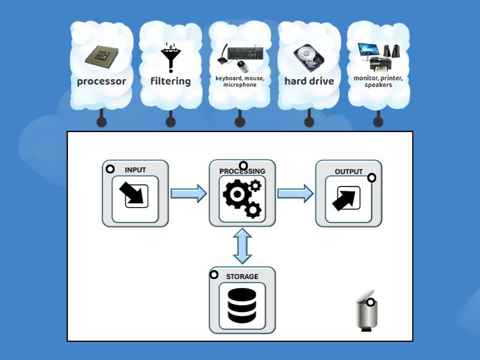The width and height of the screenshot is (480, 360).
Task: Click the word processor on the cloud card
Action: tap(101, 81)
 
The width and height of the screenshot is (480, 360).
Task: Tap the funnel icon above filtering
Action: tap(170, 58)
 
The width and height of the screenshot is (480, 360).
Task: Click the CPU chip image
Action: tap(101, 56)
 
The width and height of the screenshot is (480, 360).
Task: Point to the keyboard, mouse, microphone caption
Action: tap(240, 82)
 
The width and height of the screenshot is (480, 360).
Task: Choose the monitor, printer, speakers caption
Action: tap(378, 82)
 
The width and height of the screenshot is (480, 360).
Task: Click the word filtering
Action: tap(170, 81)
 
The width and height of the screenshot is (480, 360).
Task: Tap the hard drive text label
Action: tap(309, 81)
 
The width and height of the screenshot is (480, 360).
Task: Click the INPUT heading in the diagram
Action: tap(135, 170)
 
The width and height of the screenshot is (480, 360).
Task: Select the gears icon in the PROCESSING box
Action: tap(242, 197)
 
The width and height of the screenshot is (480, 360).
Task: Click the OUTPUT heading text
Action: tap(349, 172)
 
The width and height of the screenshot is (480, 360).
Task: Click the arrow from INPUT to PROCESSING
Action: tap(188, 193)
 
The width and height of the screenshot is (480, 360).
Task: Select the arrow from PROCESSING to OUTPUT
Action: tap(295, 193)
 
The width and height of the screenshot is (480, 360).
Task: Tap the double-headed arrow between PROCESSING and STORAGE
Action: tap(242, 246)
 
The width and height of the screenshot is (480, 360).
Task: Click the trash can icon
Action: tap(367, 313)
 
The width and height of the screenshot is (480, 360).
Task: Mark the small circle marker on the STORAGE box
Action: tap(214, 275)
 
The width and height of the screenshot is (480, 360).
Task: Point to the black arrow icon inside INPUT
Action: tap(134, 196)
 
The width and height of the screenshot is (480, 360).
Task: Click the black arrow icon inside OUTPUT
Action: tap(346, 198)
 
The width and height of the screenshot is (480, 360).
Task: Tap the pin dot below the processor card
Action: tap(101, 122)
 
